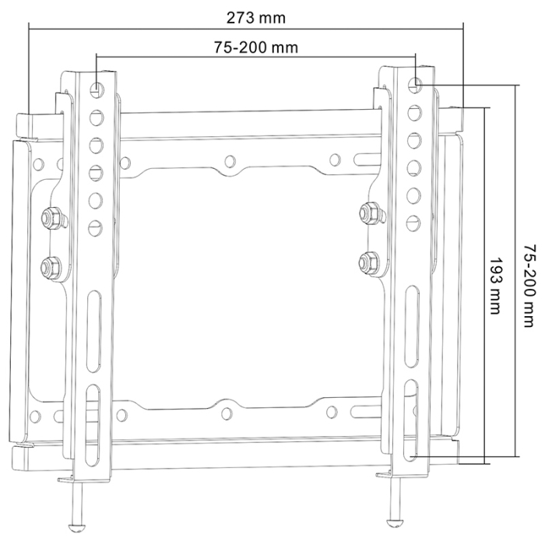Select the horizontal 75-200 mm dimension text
pos(256,47)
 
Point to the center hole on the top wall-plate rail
pos(230,162)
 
